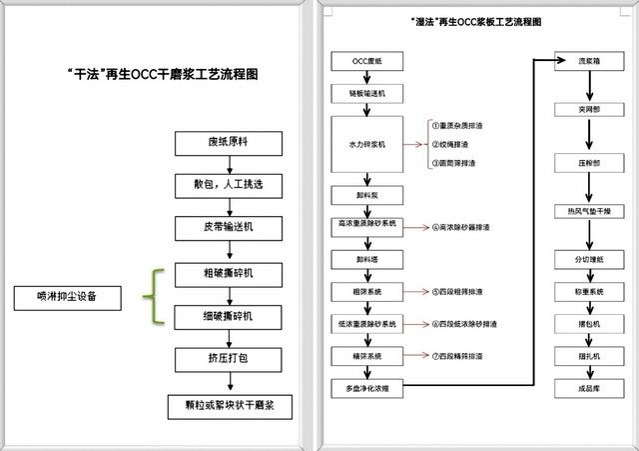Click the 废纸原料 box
[x=230, y=143]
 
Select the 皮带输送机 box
[x=230, y=228]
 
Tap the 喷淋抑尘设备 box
[x=69, y=297]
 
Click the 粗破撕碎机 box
[x=230, y=273]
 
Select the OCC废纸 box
[x=367, y=61]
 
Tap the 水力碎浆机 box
[x=367, y=144]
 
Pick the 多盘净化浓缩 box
[x=367, y=387]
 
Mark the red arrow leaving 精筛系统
[x=413, y=355]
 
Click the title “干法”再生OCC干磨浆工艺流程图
[x=165, y=73]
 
